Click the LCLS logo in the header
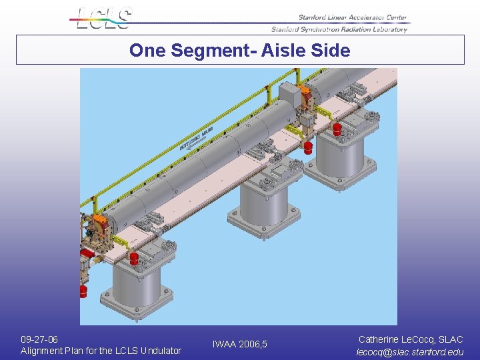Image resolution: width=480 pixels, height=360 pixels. point(104,19)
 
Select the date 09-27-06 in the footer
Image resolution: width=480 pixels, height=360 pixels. point(39,339)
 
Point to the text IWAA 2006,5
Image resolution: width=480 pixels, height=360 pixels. point(239,344)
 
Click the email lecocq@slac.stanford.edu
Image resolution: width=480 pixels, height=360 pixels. point(410,351)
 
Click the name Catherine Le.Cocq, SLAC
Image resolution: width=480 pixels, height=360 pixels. point(410,339)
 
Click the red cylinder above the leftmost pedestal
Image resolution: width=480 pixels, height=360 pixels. point(134,258)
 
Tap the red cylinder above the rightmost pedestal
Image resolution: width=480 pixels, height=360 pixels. point(337,128)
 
